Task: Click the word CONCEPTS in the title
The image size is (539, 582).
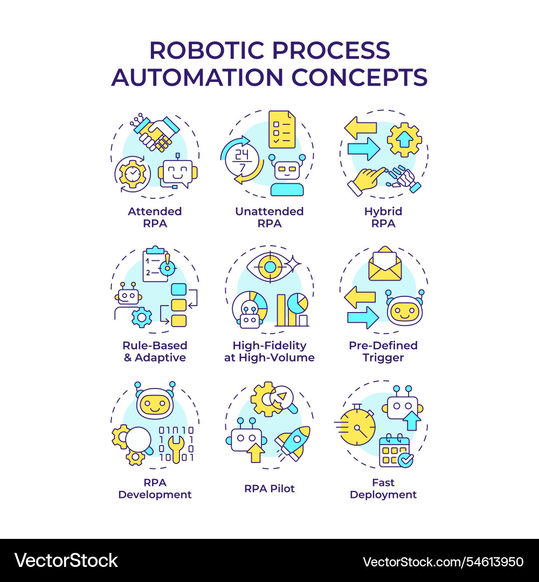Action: (x=360, y=77)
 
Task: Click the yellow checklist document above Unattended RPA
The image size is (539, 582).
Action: (x=282, y=129)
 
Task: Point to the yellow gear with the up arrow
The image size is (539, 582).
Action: (x=404, y=140)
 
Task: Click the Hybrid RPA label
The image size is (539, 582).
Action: (x=383, y=217)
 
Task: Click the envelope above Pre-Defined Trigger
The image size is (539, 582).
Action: (x=385, y=264)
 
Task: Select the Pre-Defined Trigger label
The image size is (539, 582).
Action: (x=383, y=351)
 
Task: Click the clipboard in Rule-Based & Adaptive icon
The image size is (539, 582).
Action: (x=156, y=264)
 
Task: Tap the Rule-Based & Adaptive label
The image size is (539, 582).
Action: (x=155, y=351)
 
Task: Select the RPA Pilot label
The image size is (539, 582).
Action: (x=269, y=489)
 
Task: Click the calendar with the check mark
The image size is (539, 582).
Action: (x=395, y=451)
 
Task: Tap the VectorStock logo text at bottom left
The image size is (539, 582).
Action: (x=66, y=560)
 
